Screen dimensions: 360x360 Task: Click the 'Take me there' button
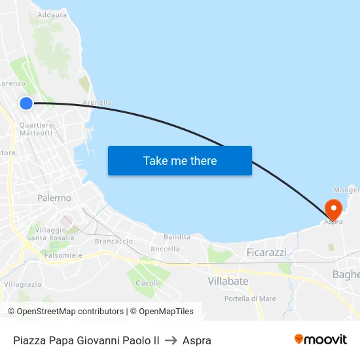coord(180,160)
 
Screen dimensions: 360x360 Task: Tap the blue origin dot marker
coord(26,103)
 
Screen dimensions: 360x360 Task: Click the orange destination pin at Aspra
coord(333,209)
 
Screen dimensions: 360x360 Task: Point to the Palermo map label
coord(54,198)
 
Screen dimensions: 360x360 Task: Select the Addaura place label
coord(52,14)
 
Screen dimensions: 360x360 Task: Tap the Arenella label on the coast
coord(97,103)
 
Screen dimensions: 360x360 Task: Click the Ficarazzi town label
coord(266,252)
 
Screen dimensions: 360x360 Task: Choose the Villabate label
coord(228,281)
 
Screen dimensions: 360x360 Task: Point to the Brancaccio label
coord(114,242)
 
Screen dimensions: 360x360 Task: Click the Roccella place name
coord(165,249)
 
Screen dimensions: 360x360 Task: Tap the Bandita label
coord(177,237)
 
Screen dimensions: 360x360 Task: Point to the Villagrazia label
coord(23,285)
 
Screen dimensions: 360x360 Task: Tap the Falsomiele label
coord(63,255)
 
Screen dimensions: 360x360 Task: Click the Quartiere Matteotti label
coord(36,129)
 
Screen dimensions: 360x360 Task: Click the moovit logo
coord(320,339)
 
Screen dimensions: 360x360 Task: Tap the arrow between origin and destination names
coord(171,340)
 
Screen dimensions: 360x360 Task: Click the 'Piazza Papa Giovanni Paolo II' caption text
coord(86,340)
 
